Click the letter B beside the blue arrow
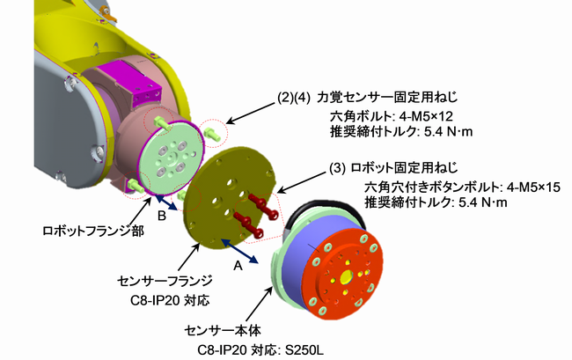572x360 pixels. tap(161, 214)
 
